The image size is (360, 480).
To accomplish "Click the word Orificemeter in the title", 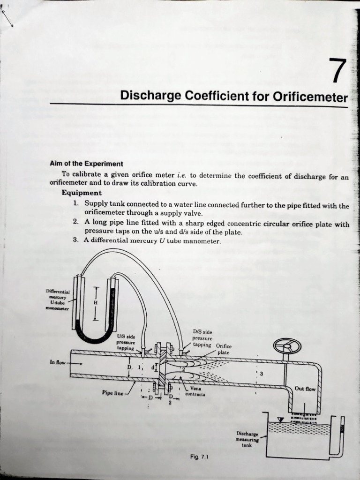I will click(310, 97).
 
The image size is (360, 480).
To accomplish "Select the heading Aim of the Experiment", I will click(86, 164).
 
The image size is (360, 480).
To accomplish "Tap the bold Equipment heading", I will click(81, 193).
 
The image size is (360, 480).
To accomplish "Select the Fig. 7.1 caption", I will click(200, 456).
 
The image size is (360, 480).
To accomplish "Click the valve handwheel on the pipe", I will click(287, 347).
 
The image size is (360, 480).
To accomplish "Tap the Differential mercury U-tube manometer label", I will click(58, 300).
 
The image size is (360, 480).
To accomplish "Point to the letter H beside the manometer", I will click(96, 303).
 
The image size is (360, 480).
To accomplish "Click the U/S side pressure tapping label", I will click(126, 342).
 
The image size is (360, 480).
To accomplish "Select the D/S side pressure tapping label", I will click(202, 338).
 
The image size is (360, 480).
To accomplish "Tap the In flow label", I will click(58, 362).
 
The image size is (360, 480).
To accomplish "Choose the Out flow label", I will click(305, 389).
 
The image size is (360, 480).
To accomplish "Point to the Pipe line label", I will click(112, 393).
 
